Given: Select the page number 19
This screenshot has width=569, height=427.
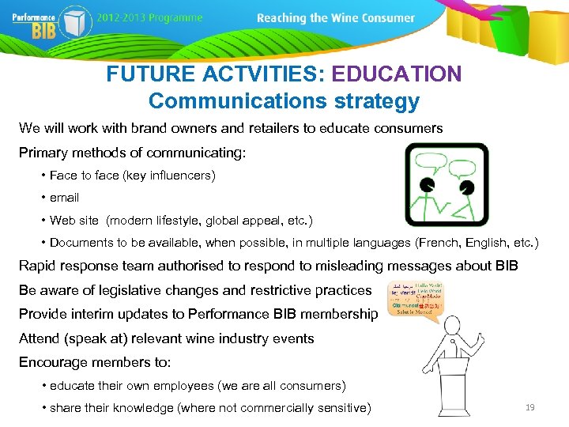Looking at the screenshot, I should pyautogui.click(x=530, y=407).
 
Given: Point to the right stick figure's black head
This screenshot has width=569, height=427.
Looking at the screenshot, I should pyautogui.click(x=467, y=187).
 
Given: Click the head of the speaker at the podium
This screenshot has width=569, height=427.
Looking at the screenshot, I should pyautogui.click(x=451, y=324).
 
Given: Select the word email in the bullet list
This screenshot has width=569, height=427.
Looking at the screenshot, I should pyautogui.click(x=64, y=198).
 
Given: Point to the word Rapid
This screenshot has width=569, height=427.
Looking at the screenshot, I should pyautogui.click(x=40, y=266).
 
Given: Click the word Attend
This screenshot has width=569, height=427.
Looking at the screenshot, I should pyautogui.click(x=40, y=338).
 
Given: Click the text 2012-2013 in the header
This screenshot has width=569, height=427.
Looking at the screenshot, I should pyautogui.click(x=122, y=18).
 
